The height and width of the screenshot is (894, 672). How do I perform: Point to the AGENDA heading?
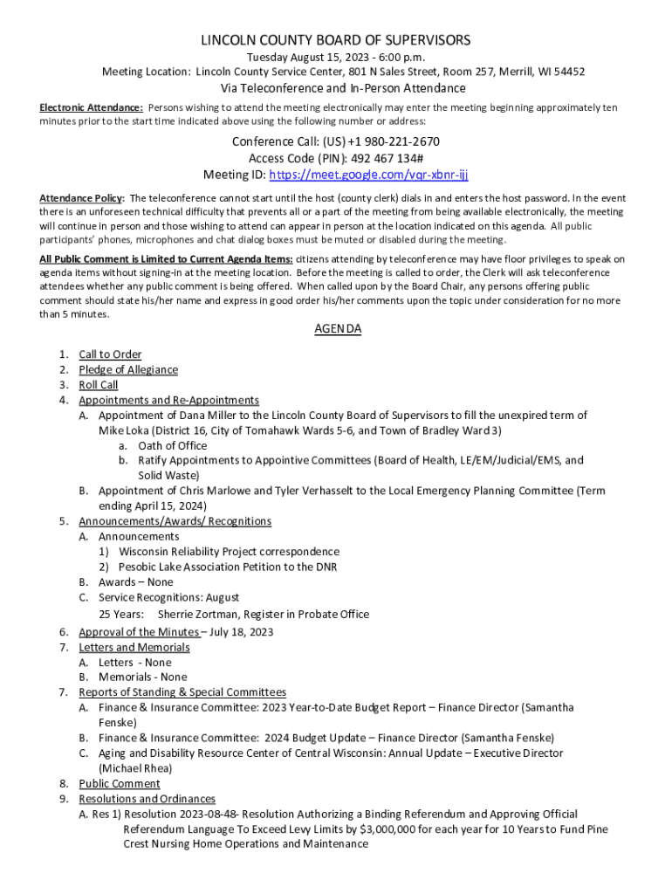pyautogui.click(x=337, y=329)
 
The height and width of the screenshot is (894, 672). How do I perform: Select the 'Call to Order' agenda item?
pyautogui.click(x=110, y=354)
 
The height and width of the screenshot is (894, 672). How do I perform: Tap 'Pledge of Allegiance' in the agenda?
pyautogui.click(x=128, y=369)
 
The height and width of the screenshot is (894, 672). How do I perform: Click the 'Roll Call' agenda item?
pyautogui.click(x=99, y=385)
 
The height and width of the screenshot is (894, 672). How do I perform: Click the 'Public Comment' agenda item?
pyautogui.click(x=120, y=783)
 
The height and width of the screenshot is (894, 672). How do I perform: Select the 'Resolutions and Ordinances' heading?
pyautogui.click(x=147, y=799)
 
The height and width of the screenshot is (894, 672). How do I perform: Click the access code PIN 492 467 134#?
pyautogui.click(x=386, y=158)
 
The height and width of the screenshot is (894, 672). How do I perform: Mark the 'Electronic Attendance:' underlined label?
pyautogui.click(x=92, y=107)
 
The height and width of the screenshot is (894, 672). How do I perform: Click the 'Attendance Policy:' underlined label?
pyautogui.click(x=82, y=197)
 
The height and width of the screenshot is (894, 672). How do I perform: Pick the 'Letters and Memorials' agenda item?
pyautogui.click(x=134, y=647)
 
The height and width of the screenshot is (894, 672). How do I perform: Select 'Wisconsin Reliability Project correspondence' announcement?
pyautogui.click(x=230, y=552)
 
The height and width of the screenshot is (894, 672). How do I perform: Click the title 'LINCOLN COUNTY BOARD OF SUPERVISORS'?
pyautogui.click(x=336, y=40)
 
